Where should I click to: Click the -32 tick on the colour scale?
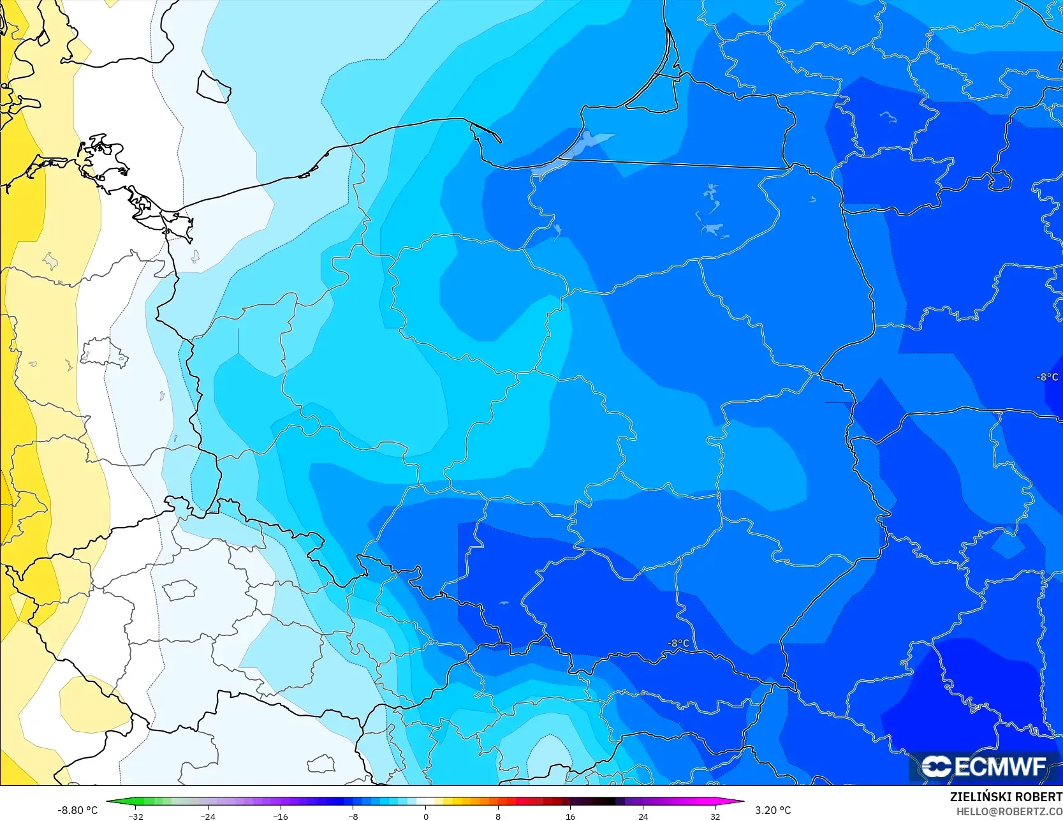(x=136, y=816)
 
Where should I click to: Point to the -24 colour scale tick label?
(x=208, y=816)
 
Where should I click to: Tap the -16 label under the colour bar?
(x=281, y=816)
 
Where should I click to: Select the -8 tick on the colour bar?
(x=353, y=816)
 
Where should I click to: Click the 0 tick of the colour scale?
(x=426, y=816)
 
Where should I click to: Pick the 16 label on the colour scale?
(x=571, y=816)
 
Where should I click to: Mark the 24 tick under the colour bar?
(x=643, y=816)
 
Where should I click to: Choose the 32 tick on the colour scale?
(x=715, y=816)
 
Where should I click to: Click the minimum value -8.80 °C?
(x=78, y=810)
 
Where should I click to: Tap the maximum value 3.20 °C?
(x=773, y=810)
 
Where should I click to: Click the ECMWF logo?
(x=983, y=766)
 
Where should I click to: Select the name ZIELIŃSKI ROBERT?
(x=1006, y=797)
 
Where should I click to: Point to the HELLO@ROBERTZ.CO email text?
(x=1009, y=811)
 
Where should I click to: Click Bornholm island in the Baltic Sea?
(x=213, y=87)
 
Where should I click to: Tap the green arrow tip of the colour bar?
(x=109, y=801)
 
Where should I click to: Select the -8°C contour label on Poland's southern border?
(x=678, y=643)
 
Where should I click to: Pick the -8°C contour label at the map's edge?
(x=1047, y=377)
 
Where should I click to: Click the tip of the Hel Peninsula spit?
(x=499, y=140)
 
